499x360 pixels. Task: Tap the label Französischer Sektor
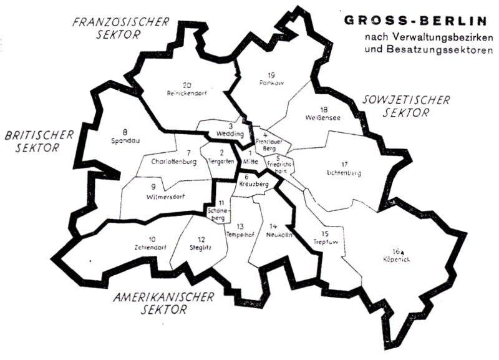tap(121, 28)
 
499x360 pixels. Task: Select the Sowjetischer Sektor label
tap(397, 107)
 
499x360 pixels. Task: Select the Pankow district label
tap(270, 82)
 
